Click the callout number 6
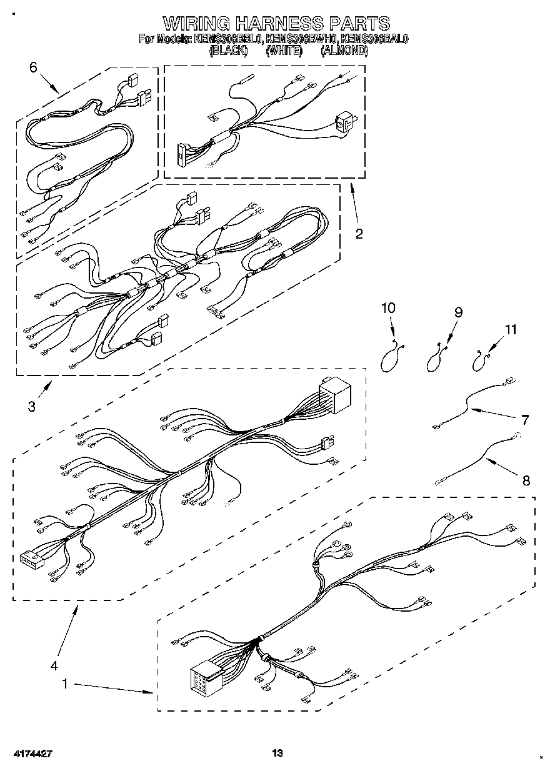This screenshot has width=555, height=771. tap(33, 68)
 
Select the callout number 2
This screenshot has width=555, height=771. tap(359, 234)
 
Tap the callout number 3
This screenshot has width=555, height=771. tap(31, 407)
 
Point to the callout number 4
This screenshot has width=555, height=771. tap(54, 665)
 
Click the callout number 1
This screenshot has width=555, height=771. tap(65, 684)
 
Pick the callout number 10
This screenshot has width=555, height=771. tap(388, 307)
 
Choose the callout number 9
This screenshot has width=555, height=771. tap(458, 312)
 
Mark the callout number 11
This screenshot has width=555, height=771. tap(511, 330)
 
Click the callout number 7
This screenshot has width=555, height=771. tap(524, 419)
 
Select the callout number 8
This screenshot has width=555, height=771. tap(526, 480)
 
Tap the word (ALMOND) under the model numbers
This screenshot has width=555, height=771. tap(344, 52)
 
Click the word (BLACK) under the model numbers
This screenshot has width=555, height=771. tap(229, 52)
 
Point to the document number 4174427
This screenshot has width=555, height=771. tap(31, 754)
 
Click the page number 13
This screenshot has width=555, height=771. tap(277, 753)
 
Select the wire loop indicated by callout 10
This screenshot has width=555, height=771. tap(391, 359)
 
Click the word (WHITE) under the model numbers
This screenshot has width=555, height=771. tap(284, 52)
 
